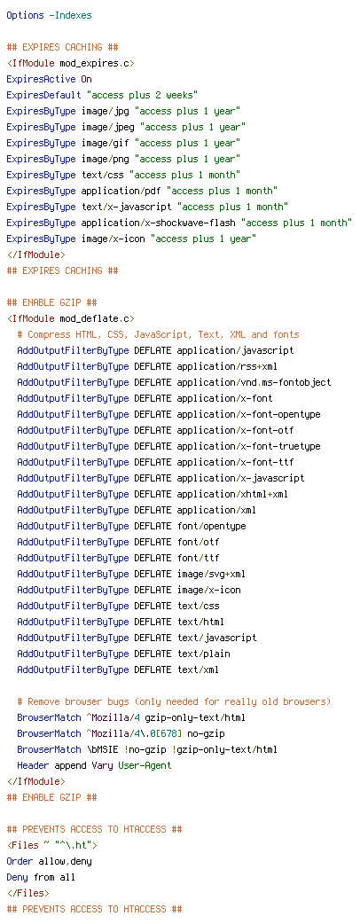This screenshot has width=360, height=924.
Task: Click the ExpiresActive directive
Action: point(42,79)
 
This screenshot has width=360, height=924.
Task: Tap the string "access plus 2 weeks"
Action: point(142,95)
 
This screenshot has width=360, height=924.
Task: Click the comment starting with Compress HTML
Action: point(159,334)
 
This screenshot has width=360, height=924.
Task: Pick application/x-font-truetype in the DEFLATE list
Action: point(249,446)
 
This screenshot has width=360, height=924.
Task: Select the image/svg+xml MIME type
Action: point(212,574)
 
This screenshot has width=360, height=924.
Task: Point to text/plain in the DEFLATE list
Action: point(204,637)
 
